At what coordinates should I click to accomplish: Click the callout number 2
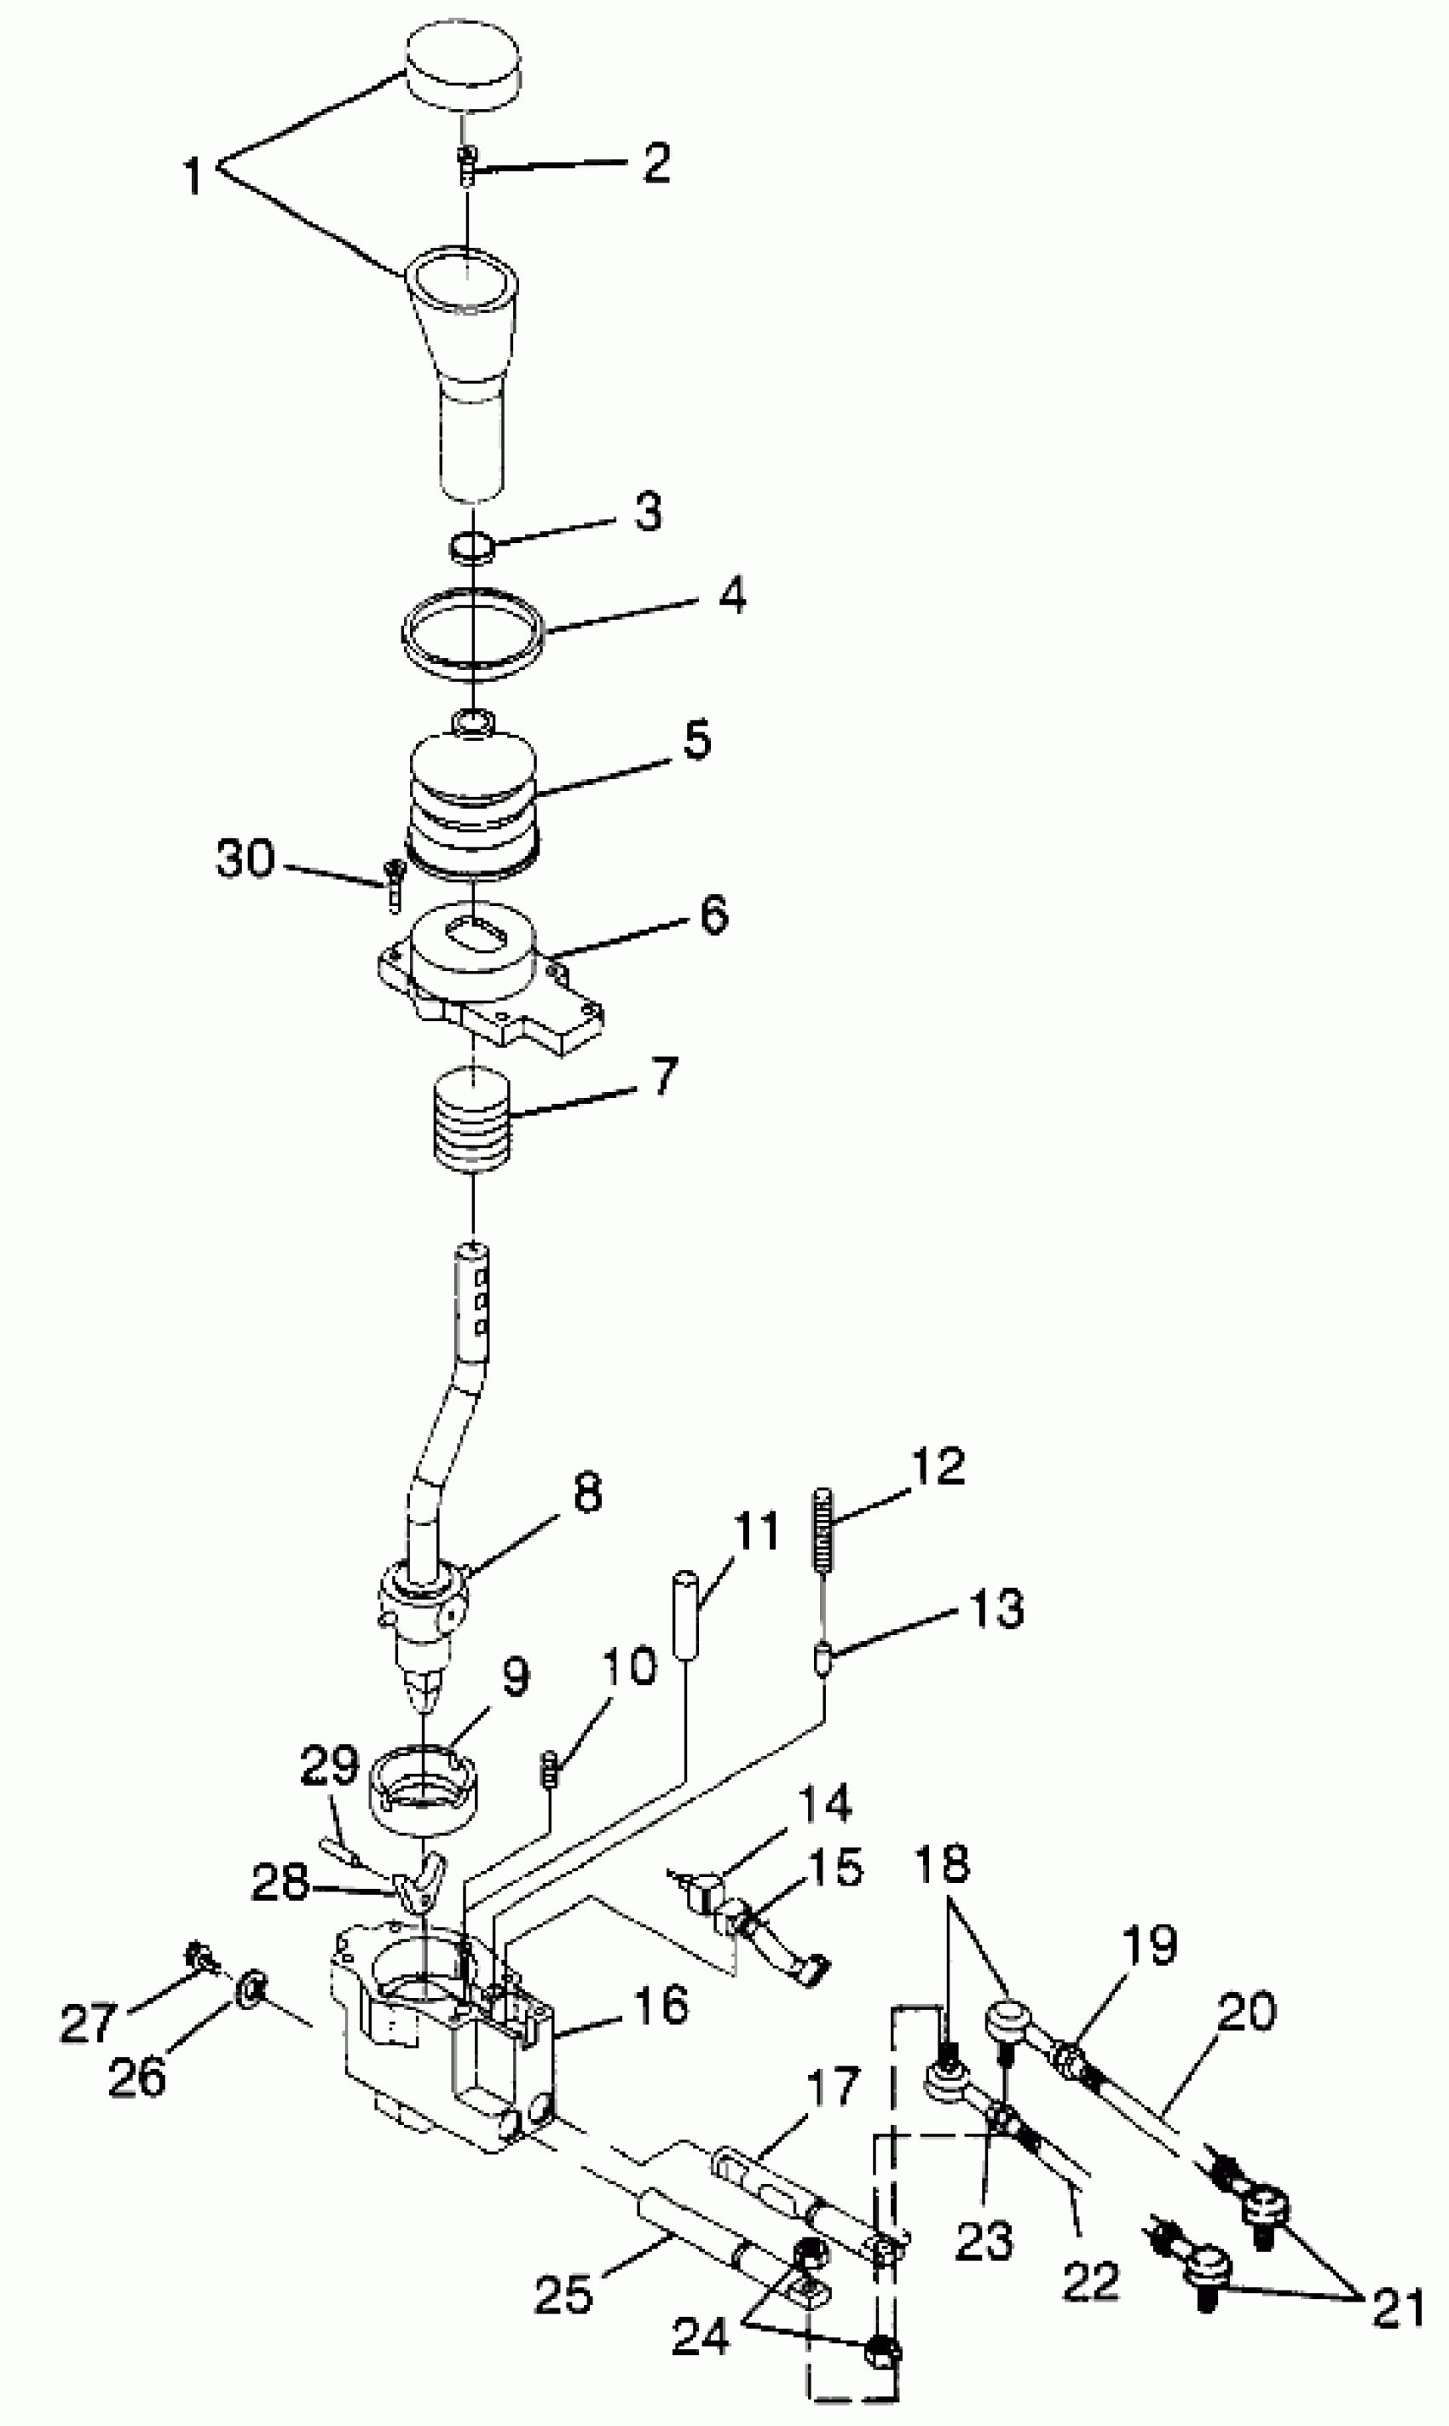657,163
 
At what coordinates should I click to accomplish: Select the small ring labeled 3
471,546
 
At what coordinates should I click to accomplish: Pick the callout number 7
663,1077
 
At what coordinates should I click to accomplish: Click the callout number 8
586,1492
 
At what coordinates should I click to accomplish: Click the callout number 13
996,1608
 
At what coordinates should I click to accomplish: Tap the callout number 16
661,2005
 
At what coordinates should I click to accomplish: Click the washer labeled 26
250,1984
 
